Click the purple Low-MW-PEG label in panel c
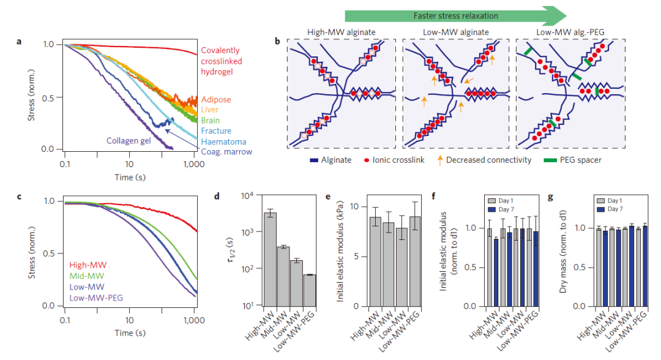click(x=97, y=298)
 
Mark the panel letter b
click(x=278, y=42)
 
